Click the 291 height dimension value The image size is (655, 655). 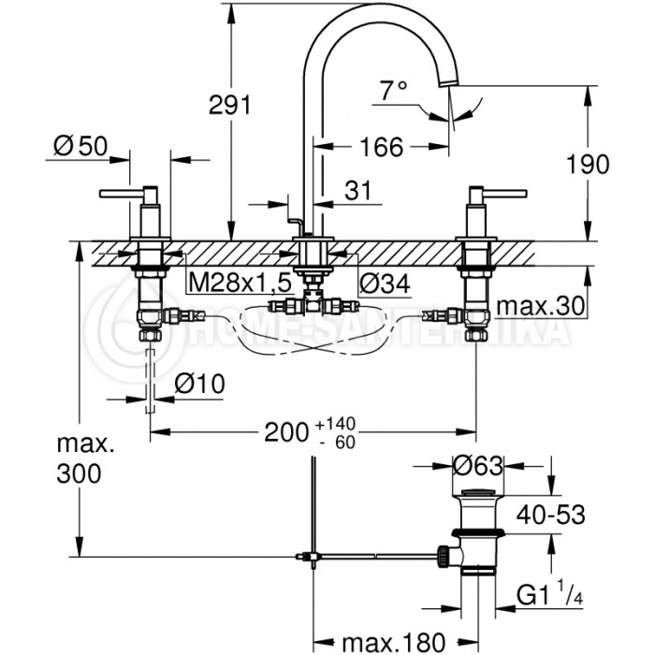tap(229, 106)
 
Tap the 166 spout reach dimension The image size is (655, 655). tap(381, 147)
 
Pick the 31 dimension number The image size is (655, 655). tap(357, 190)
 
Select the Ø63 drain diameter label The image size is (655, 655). tap(481, 465)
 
